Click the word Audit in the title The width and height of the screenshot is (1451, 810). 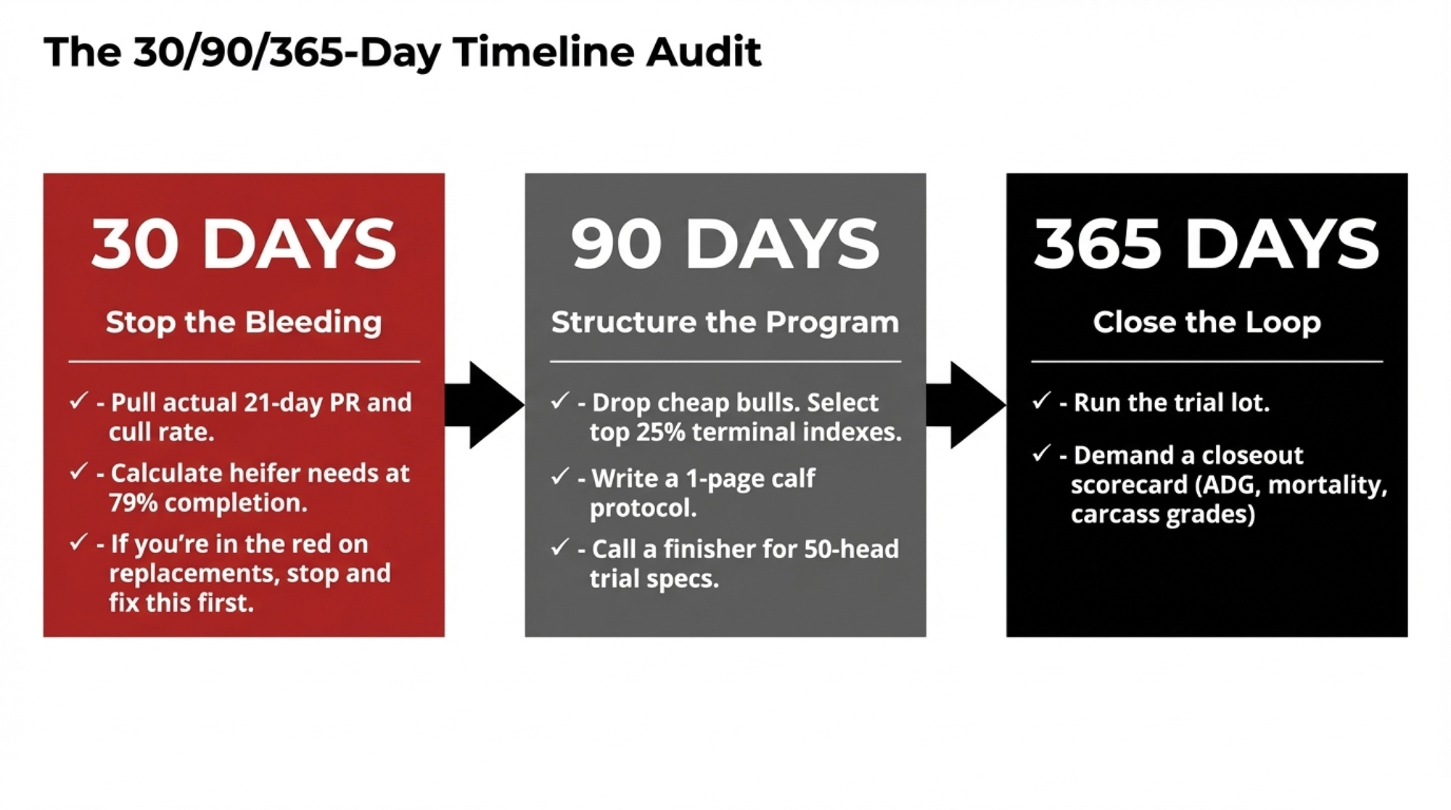(704, 52)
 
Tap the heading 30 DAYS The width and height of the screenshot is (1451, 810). (244, 244)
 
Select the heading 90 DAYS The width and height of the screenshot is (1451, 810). (725, 244)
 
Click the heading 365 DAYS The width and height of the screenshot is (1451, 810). (1207, 244)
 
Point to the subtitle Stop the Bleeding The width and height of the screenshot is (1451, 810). (244, 322)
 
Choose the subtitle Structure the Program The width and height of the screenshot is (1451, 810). (725, 322)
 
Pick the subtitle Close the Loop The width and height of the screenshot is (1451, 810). (1207, 322)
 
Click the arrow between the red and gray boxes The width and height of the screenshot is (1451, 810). (485, 405)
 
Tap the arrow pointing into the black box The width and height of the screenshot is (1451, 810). (966, 405)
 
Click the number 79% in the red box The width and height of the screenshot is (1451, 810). (133, 503)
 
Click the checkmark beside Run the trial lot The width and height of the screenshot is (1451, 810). (1042, 401)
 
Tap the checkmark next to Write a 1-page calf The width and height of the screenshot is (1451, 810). (560, 477)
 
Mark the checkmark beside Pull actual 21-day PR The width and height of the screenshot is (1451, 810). (78, 401)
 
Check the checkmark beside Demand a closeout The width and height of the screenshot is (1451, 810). (1042, 454)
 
